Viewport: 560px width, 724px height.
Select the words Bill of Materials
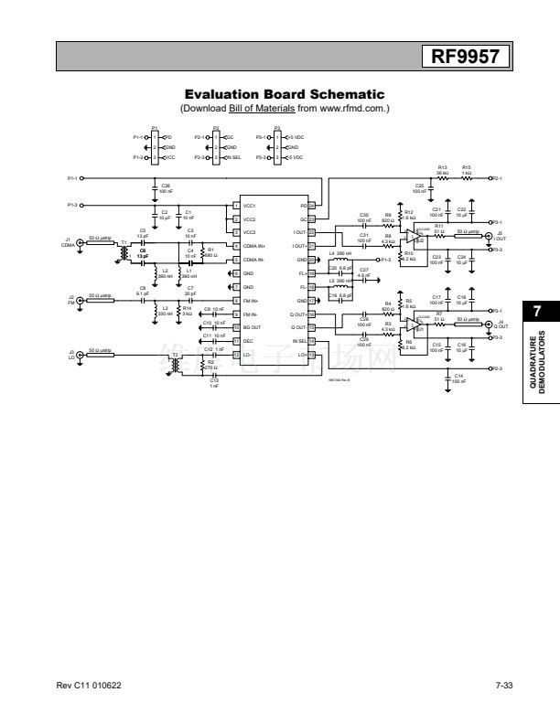pyautogui.click(x=260, y=108)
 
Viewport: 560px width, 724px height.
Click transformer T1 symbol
pyautogui.click(x=124, y=251)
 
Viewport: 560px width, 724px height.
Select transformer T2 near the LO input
pyautogui.click(x=176, y=357)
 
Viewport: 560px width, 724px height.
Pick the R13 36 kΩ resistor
pyautogui.click(x=443, y=177)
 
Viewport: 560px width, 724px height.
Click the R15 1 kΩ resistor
pyautogui.click(x=467, y=177)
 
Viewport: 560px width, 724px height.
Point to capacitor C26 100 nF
pyautogui.click(x=153, y=189)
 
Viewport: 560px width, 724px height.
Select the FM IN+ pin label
pyautogui.click(x=253, y=301)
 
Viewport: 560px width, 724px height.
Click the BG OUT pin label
pyautogui.click(x=253, y=326)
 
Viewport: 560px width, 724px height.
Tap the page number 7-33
pyautogui.click(x=503, y=686)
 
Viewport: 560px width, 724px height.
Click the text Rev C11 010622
pyautogui.click(x=81, y=686)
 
